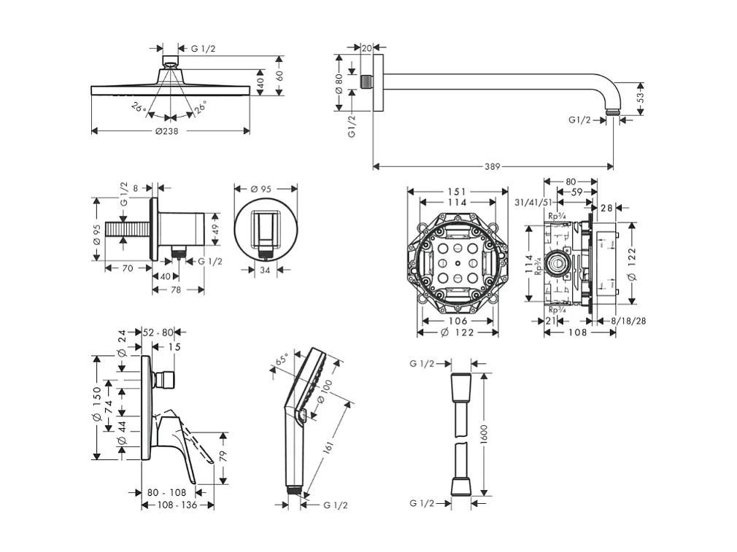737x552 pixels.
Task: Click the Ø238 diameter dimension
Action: (x=166, y=131)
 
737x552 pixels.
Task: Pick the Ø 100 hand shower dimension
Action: (x=325, y=393)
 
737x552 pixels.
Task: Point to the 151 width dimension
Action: (x=457, y=192)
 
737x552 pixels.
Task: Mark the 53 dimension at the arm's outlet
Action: (x=640, y=96)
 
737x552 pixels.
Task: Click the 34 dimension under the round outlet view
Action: (x=266, y=269)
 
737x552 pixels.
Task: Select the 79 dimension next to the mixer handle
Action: (x=224, y=456)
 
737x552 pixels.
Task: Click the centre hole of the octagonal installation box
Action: (x=457, y=262)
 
